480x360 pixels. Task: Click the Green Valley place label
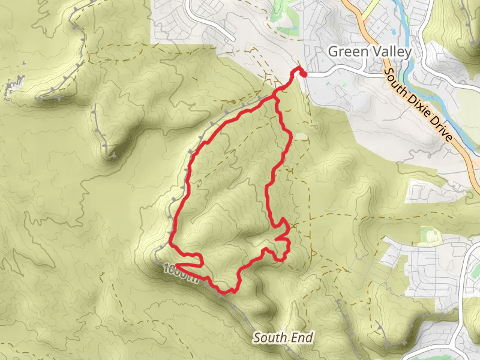[370, 52]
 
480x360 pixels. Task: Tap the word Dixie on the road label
[420, 103]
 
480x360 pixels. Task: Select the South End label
[283, 338]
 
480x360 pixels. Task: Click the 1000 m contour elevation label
[180, 272]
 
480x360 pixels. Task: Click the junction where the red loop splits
[277, 95]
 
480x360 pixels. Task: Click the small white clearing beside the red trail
[299, 136]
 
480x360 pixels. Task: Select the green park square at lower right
[430, 235]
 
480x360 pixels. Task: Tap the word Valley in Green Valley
[390, 52]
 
